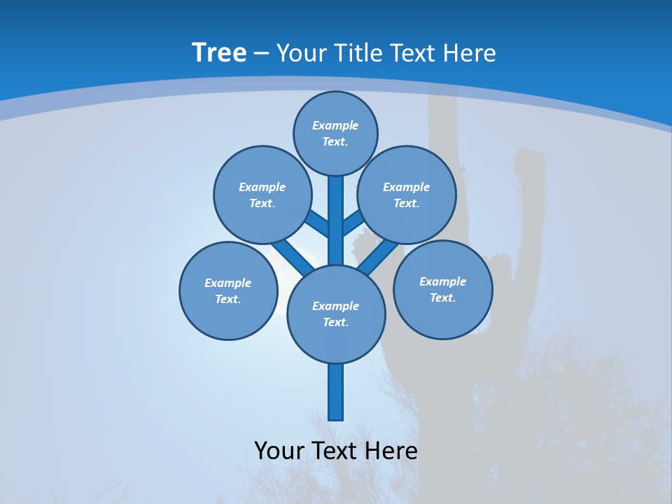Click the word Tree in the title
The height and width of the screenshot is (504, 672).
coord(219,52)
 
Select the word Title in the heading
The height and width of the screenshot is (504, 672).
coord(356,53)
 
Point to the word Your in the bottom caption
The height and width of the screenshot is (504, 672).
coord(279,451)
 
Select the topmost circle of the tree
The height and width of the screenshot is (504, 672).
coord(335,133)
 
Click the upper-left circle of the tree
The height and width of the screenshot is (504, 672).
coord(262,195)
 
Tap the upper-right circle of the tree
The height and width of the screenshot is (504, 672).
coord(407,195)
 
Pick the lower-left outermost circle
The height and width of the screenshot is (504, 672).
coord(228,290)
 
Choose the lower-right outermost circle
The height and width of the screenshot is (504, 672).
coord(443,289)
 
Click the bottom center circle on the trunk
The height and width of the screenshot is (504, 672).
coord(336,314)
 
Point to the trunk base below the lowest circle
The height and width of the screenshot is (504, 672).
coord(336,392)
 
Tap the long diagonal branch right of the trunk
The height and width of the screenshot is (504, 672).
coord(379,253)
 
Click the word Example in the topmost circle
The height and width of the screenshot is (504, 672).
coord(335,125)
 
